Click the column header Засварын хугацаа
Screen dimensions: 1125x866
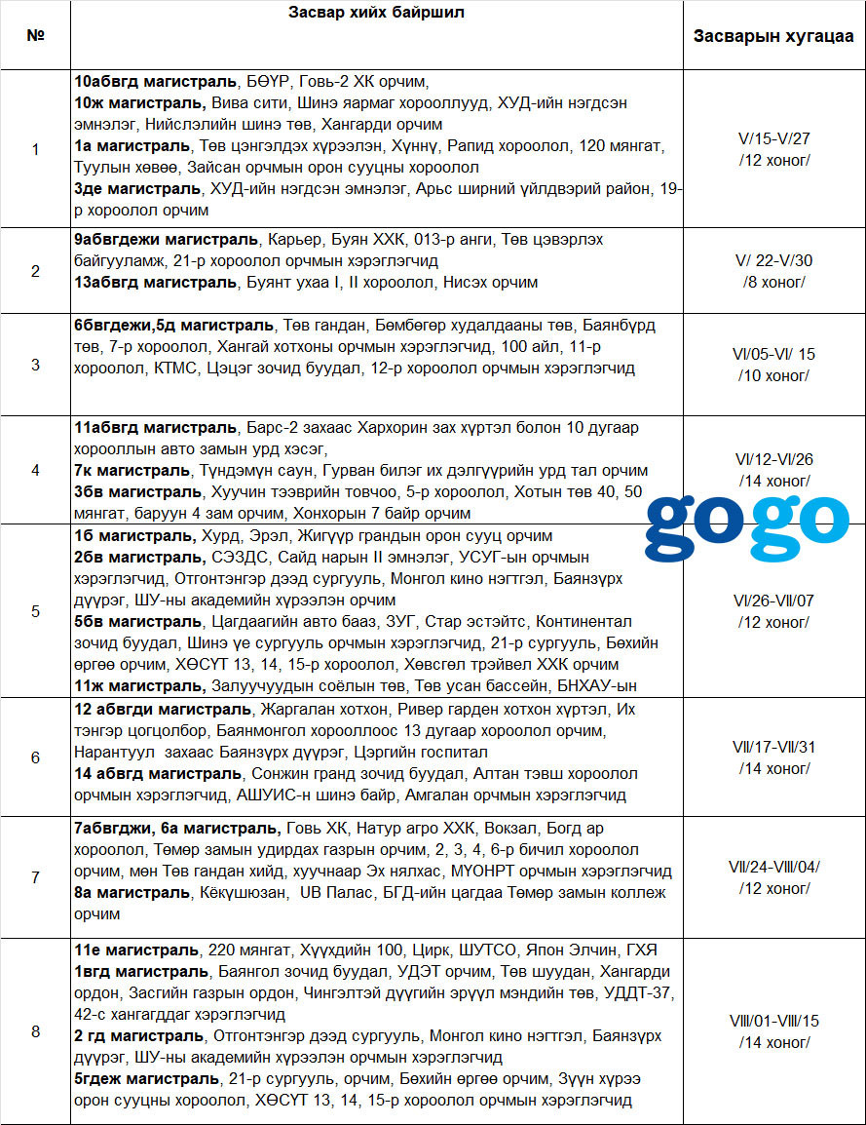773,37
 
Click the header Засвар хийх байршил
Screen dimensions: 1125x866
376,13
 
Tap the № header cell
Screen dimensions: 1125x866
36,36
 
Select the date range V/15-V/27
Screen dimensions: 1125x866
773,139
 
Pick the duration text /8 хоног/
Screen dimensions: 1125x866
773,283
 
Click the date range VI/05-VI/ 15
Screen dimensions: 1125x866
773,355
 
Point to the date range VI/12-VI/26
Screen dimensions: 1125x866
773,459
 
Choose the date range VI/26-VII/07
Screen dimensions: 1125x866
773,601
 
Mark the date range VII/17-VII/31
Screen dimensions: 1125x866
773,747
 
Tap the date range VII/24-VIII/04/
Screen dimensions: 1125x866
773,866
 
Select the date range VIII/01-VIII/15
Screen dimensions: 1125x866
773,1021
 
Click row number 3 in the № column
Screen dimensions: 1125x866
36,366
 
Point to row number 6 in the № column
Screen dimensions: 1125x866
36,757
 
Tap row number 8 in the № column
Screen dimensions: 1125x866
36,1031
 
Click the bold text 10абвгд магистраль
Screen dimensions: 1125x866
155,81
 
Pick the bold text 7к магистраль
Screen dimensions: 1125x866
132,470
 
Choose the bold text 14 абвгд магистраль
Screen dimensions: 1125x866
158,774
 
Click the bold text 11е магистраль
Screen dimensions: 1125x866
134,950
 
